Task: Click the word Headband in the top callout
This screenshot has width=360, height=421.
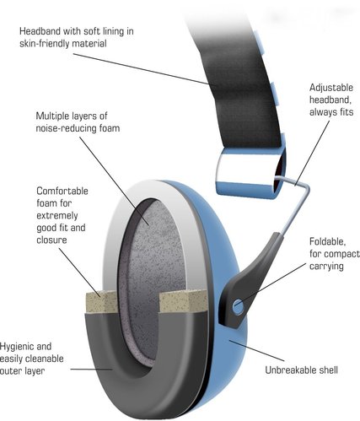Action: (x=40, y=31)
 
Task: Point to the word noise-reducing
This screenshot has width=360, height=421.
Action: (x=66, y=128)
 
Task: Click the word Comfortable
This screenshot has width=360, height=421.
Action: (x=62, y=191)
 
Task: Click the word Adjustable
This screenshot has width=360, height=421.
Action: (x=331, y=88)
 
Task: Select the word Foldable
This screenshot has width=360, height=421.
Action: (x=328, y=241)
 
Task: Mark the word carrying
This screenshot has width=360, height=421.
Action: (x=326, y=267)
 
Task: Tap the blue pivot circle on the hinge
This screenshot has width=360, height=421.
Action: (x=239, y=306)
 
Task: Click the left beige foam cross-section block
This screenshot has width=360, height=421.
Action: (x=102, y=302)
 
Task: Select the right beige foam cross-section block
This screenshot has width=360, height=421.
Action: (x=183, y=301)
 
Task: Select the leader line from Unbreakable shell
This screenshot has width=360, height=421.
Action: (x=256, y=351)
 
